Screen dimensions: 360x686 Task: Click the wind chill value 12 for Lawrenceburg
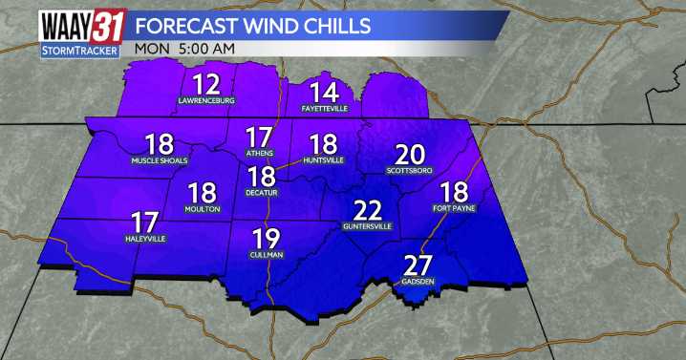[x=206, y=83]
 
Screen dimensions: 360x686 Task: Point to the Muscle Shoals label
[x=160, y=161]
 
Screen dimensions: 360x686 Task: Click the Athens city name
[x=259, y=153]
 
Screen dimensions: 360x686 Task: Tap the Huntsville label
[x=324, y=160]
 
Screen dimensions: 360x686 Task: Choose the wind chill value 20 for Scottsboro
[x=410, y=155]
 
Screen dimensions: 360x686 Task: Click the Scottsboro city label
[x=410, y=171]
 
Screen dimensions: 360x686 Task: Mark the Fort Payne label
[x=454, y=207]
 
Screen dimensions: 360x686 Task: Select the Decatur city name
[x=262, y=192]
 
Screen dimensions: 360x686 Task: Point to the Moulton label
[x=203, y=208]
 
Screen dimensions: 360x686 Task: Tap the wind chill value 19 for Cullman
[x=267, y=240]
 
